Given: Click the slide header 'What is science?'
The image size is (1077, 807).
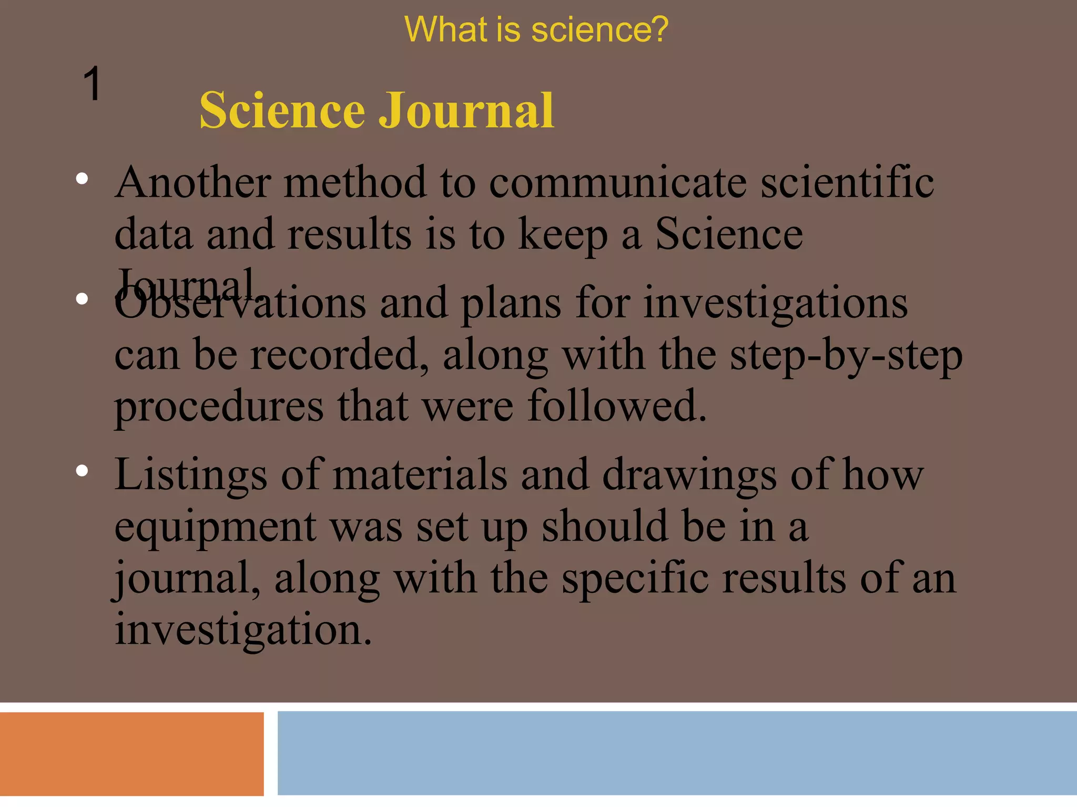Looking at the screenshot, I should [x=536, y=29].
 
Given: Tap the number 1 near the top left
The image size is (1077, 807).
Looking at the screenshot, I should [x=92, y=84].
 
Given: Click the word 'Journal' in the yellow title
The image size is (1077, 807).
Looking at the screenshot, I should [x=466, y=110].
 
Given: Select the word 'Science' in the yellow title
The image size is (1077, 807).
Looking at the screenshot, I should [x=282, y=110].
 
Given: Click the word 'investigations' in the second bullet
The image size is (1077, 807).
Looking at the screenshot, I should [x=776, y=303].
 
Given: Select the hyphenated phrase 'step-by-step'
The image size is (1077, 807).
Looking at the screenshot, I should [x=846, y=356].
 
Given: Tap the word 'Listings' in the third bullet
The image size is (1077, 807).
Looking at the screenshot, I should [x=191, y=474].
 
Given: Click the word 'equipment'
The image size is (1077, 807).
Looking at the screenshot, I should [x=216, y=526].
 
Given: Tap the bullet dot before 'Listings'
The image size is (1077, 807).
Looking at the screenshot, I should [x=82, y=470].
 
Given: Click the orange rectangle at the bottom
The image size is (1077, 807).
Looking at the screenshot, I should [x=131, y=754].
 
